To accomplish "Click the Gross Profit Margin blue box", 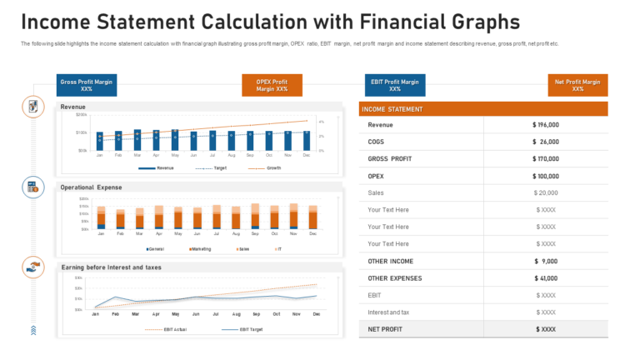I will click(x=87, y=85).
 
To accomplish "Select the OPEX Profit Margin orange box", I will click(x=272, y=85).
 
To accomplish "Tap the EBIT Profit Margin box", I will click(x=395, y=85).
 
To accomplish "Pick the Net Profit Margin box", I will click(x=578, y=85).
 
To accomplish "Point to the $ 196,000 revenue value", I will click(x=546, y=125).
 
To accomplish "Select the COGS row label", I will click(x=376, y=142).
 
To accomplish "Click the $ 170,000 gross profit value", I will click(x=546, y=159).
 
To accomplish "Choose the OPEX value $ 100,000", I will click(x=546, y=176).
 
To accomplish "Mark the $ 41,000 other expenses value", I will click(x=546, y=278).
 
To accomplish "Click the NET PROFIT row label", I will click(x=385, y=329).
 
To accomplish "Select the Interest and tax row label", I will click(x=388, y=312).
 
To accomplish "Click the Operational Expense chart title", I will click(x=92, y=187).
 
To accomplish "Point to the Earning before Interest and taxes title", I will click(x=112, y=267).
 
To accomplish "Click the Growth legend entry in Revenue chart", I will click(x=272, y=168).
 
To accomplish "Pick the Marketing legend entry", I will click(x=201, y=248).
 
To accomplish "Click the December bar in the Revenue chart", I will click(x=307, y=140).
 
